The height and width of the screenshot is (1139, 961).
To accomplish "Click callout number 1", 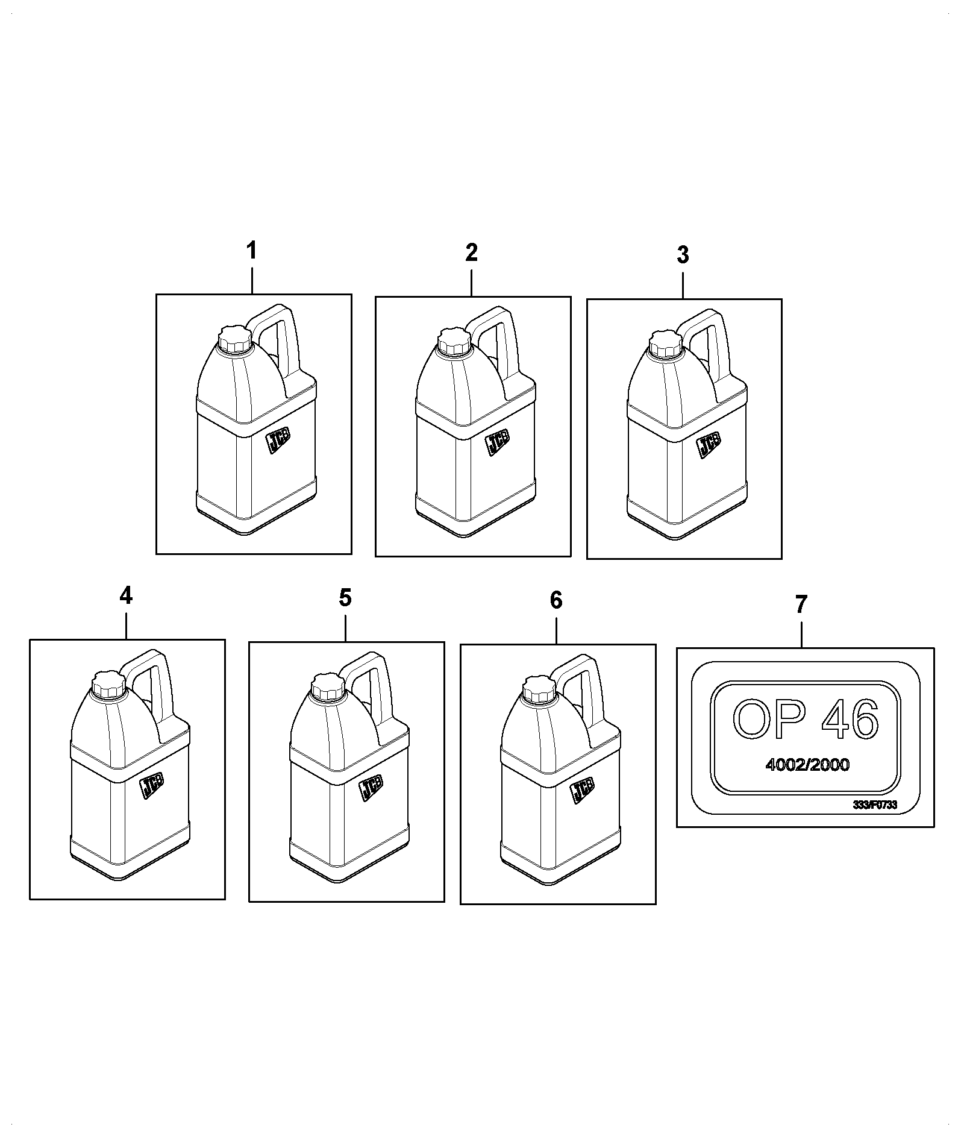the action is tap(251, 250).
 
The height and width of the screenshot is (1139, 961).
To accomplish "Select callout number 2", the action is tap(471, 253).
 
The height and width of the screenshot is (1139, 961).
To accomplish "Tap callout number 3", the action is tap(682, 255).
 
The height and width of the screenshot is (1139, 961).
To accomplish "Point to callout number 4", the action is tap(125, 595).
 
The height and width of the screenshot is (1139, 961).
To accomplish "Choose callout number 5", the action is tap(345, 598).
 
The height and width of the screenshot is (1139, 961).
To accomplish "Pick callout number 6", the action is tap(556, 600).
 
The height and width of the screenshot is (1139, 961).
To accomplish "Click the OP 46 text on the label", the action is tap(806, 720).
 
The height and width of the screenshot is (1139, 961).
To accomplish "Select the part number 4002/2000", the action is tap(807, 765).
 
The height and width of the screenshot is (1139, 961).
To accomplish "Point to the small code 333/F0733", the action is tap(875, 805).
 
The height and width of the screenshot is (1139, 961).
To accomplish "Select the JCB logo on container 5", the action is tap(371, 788).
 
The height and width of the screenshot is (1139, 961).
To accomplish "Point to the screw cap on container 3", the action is tap(665, 344).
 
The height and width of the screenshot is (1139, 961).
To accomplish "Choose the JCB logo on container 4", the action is tap(152, 786).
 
